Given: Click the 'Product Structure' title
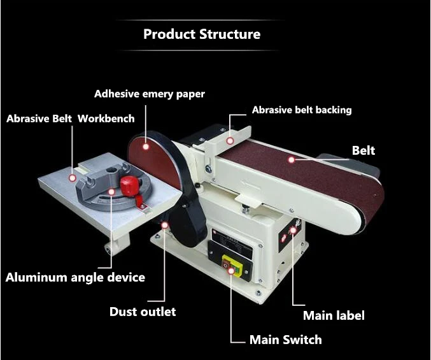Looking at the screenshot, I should [x=202, y=34].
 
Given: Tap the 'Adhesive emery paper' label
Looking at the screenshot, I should [x=150, y=94].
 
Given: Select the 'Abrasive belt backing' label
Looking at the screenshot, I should [x=302, y=110].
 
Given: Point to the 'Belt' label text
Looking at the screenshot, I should [x=364, y=151].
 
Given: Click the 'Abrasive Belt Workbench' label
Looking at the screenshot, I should [x=70, y=118].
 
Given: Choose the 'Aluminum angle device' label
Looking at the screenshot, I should [x=75, y=277].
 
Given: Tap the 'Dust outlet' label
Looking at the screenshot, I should [x=143, y=312].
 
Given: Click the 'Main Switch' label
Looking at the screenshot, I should [x=285, y=340].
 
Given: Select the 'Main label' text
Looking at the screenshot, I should [x=334, y=315].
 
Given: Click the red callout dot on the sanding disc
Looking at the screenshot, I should [x=146, y=147].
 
